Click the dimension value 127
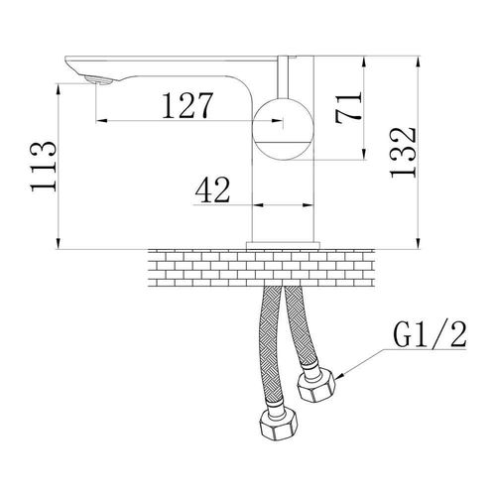coord(187,105)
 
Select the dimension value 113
coord(44,167)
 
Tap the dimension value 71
coord(348,107)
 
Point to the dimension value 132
coord(403,153)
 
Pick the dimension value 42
coord(212,189)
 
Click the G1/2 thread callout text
coord(430,334)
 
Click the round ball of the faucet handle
coord(284,129)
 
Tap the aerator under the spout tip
coord(98,80)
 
